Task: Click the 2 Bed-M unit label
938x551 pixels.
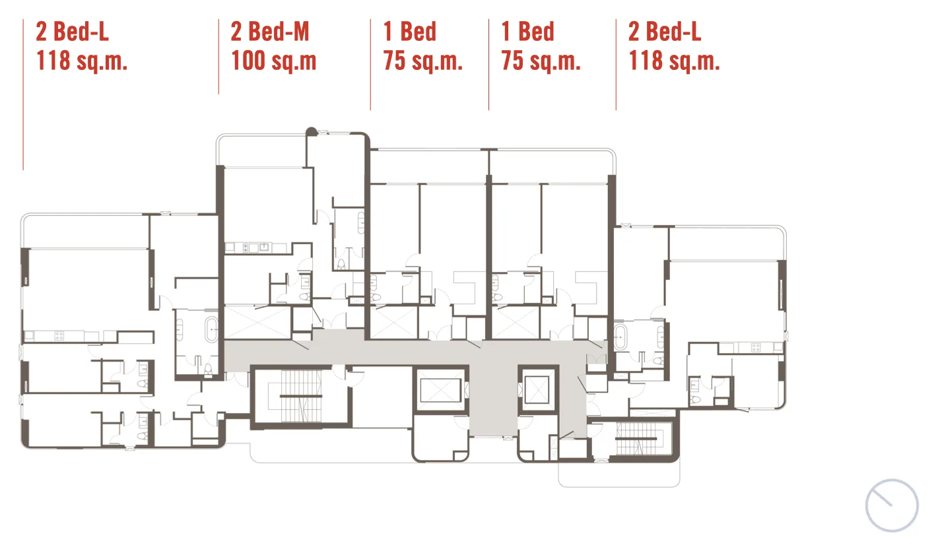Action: coord(270,32)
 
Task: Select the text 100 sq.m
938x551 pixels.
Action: coord(273,60)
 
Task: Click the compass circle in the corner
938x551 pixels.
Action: coord(892,505)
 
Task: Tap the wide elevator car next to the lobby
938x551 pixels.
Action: coord(440,391)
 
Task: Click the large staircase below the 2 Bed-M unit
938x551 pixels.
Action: coord(301,396)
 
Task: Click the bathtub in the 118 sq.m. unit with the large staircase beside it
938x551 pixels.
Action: coord(211,330)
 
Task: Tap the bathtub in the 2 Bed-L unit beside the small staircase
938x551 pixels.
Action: coord(620,337)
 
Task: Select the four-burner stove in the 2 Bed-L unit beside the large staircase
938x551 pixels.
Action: coord(59,336)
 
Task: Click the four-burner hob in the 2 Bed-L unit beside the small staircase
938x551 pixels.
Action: coord(756,347)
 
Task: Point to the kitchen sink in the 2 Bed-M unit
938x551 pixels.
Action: coord(264,247)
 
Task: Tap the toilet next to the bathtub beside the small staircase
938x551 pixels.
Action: coord(658,360)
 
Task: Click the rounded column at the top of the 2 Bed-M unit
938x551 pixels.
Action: coord(311,131)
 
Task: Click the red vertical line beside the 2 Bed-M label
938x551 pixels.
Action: coord(218,57)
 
